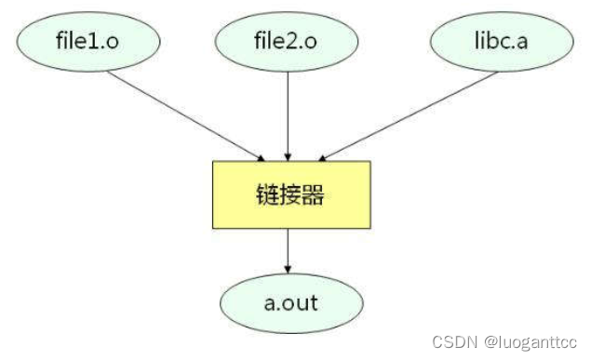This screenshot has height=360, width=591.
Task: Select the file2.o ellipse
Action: point(288,42)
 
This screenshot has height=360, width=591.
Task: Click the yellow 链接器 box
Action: point(290,194)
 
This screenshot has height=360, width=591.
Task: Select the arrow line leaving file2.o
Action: point(288,112)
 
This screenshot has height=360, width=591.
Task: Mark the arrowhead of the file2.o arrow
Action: point(288,155)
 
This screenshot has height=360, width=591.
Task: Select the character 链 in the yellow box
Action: point(266,195)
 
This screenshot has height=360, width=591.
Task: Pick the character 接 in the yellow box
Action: point(290,195)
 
